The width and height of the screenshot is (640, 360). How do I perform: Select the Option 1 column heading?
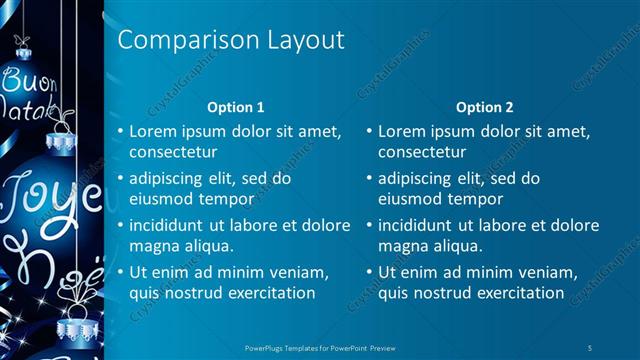pos(235,106)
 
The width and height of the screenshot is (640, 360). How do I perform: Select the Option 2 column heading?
pos(485,106)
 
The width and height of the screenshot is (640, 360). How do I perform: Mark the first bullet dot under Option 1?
pos(121,131)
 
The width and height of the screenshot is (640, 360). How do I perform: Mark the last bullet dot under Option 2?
pos(370,272)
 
